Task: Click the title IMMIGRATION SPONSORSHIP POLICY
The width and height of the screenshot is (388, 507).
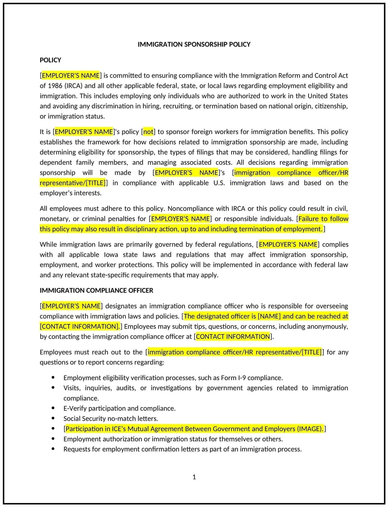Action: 194,44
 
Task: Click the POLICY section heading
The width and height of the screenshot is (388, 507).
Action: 50,60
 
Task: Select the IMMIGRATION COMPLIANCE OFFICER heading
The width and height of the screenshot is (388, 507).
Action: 96,290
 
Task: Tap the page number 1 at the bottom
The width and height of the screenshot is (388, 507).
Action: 194,477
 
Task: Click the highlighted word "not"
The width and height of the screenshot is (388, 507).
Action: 148,132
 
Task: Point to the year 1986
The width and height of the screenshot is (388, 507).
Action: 55,86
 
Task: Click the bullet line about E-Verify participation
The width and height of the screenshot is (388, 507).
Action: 119,408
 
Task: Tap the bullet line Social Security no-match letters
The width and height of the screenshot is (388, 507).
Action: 111,419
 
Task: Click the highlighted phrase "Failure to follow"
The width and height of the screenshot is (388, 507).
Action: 323,219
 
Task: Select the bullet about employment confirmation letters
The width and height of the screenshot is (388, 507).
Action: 182,449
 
